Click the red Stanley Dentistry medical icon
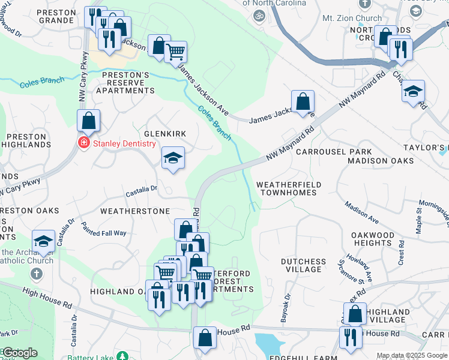pos(83,143)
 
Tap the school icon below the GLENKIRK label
pos(173,158)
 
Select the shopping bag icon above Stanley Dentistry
pos(88,121)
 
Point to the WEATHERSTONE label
pos(135,211)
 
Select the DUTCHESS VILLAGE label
pos(304,266)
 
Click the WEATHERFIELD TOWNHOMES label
pos(288,188)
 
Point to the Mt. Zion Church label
pos(352,19)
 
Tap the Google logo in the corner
pos(19,353)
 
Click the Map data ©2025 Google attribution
pos(412,355)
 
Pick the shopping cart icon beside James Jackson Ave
pos(175,52)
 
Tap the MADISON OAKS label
pos(381,161)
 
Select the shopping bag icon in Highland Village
pos(355,314)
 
